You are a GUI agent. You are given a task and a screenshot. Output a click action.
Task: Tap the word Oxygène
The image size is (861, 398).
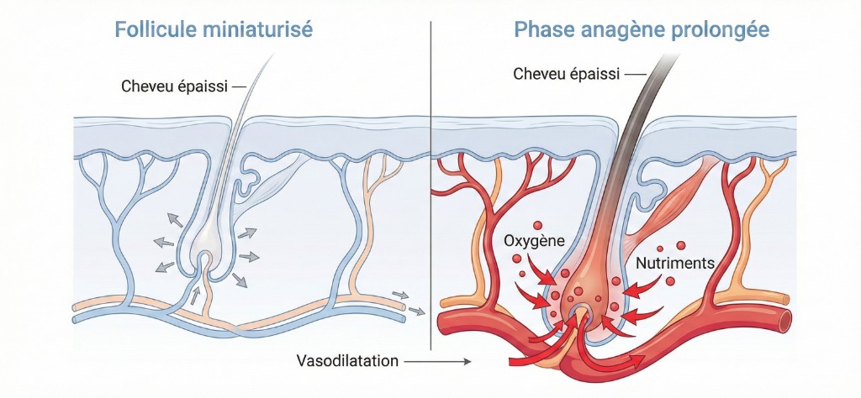coord(534,240)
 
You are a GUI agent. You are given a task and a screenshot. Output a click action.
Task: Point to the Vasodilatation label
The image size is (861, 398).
coord(347,361)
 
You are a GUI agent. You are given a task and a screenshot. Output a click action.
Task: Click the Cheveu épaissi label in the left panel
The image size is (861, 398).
coord(175,86)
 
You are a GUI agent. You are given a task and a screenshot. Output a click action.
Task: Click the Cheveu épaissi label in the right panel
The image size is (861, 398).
coord(567,74)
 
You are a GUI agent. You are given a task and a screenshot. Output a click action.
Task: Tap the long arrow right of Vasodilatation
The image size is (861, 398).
coord(438,362)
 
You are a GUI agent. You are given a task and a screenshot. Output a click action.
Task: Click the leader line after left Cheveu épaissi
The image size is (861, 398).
coord(238,86)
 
